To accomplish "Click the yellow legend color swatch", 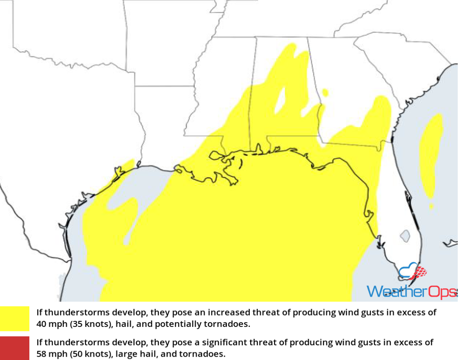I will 15,318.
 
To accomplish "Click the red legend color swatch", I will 15,347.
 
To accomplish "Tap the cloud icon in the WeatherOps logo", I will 408,271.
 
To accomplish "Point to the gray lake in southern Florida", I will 405,236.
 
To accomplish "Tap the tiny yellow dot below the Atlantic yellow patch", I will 431,206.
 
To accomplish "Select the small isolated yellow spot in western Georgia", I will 325,92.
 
